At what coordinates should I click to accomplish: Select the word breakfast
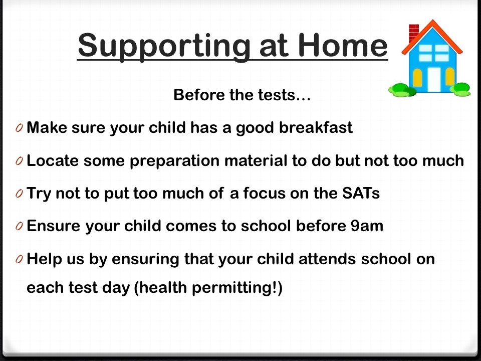(x=316, y=127)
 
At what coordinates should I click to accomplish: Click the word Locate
(x=53, y=160)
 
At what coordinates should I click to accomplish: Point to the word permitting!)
(x=237, y=288)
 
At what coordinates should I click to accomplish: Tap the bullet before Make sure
(x=19, y=128)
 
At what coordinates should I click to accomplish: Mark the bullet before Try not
(x=19, y=194)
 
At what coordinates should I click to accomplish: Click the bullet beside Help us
(x=19, y=259)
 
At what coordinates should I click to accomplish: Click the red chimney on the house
(x=413, y=33)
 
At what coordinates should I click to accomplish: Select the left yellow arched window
(x=417, y=78)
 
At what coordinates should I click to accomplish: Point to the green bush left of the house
(x=402, y=90)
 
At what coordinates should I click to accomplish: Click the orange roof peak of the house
(x=432, y=23)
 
